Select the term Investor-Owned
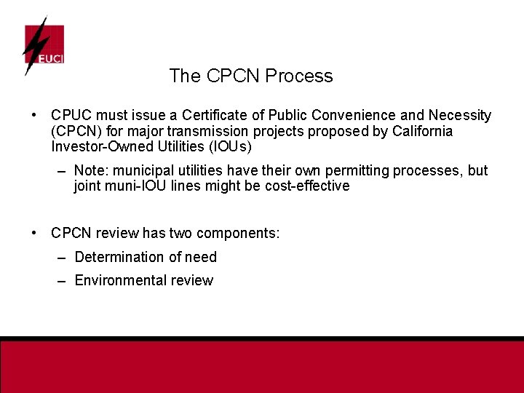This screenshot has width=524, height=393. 100,147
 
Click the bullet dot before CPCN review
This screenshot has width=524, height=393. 34,234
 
